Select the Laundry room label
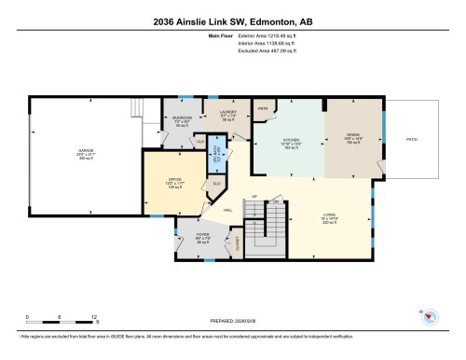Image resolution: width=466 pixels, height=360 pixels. click(x=228, y=114)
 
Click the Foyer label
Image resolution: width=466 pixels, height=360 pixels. click(x=203, y=237)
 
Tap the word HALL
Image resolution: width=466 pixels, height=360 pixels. click(x=228, y=210)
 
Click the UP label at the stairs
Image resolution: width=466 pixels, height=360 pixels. click(x=254, y=198)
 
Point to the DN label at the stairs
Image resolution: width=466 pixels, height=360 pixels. click(x=276, y=201)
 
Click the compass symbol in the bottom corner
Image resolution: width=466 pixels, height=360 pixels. click(x=432, y=314)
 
